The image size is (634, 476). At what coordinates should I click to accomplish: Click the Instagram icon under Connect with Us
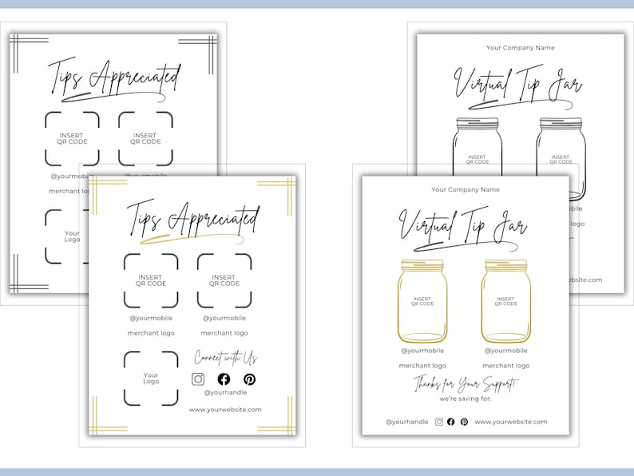point(199,379)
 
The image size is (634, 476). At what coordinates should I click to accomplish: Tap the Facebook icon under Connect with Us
point(224,379)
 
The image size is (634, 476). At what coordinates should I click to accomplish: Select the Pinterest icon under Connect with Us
point(249,379)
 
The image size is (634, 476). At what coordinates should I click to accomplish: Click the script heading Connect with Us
point(226,358)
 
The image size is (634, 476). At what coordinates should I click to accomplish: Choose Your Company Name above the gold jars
point(466,189)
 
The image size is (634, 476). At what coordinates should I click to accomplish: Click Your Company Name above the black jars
point(521,48)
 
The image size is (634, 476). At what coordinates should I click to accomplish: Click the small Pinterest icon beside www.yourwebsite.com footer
point(464,422)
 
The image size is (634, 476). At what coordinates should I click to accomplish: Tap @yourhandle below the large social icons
point(225,393)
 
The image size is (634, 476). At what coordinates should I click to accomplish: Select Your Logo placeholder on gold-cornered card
point(151,379)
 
